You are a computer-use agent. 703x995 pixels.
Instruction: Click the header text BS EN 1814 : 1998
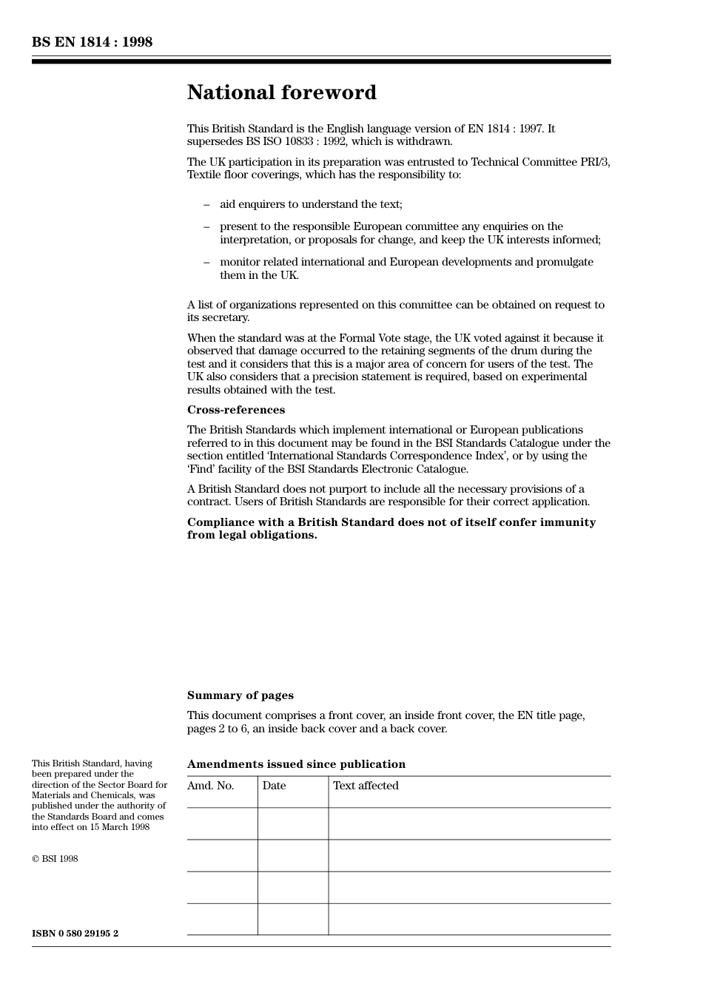[x=92, y=42]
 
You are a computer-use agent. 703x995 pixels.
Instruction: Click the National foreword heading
[x=281, y=92]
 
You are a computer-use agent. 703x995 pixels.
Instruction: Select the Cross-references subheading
[x=235, y=410]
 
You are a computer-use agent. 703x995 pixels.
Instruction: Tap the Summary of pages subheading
[x=240, y=695]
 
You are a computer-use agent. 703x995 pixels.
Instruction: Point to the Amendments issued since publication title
[x=296, y=764]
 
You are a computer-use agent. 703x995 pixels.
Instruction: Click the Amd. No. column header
[x=210, y=786]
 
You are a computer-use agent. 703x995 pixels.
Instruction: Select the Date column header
[x=274, y=786]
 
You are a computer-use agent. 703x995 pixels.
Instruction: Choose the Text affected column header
[x=366, y=786]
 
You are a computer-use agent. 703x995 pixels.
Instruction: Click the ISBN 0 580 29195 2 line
[x=75, y=934]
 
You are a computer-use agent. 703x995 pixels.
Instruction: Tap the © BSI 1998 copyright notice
[x=55, y=859]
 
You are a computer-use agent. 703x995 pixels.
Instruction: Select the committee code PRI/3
[x=595, y=162]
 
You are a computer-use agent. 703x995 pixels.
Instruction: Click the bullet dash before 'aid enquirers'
[x=206, y=204]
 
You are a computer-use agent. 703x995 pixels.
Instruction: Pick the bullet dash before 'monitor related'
[x=206, y=262]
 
